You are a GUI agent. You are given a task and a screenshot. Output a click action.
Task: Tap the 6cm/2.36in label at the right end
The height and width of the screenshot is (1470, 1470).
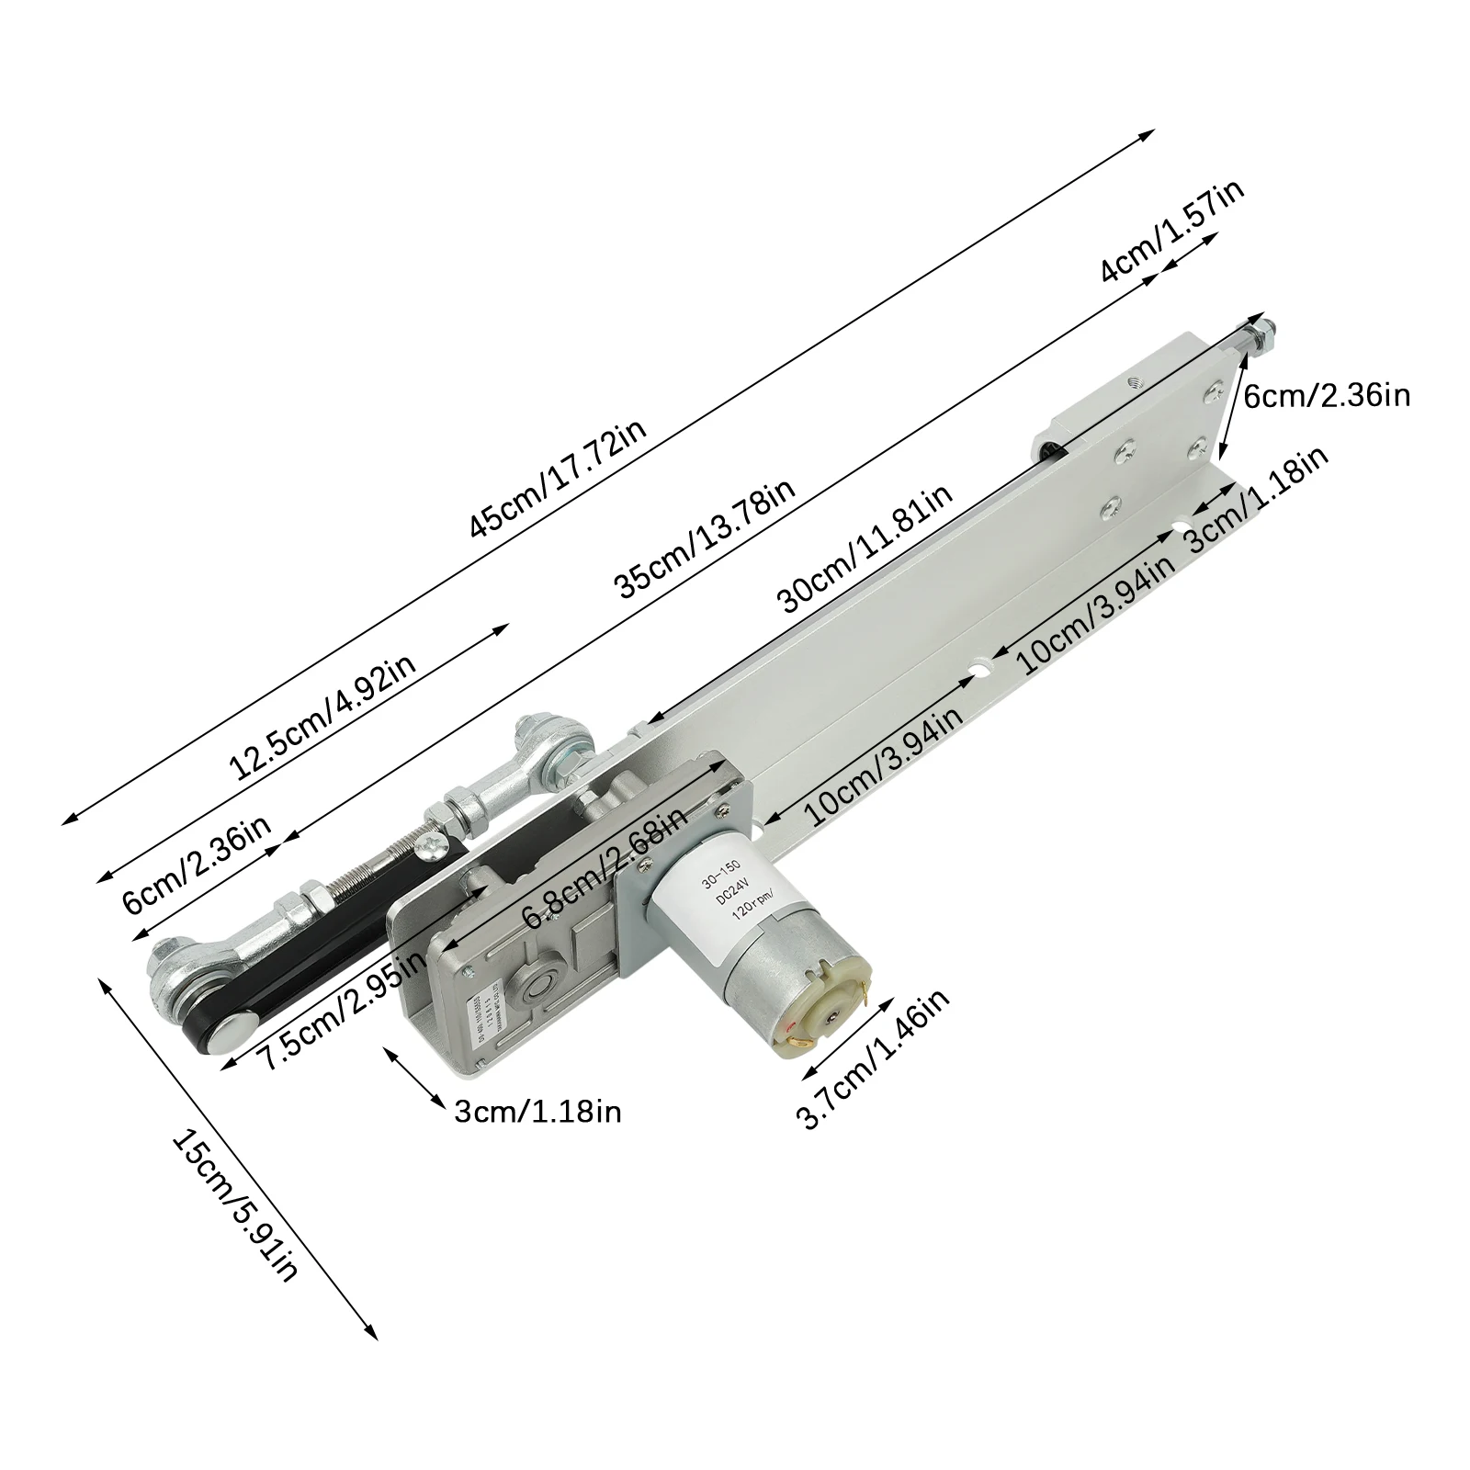tap(1326, 396)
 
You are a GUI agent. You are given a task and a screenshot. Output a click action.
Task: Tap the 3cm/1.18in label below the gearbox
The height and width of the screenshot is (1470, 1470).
tap(537, 1113)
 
